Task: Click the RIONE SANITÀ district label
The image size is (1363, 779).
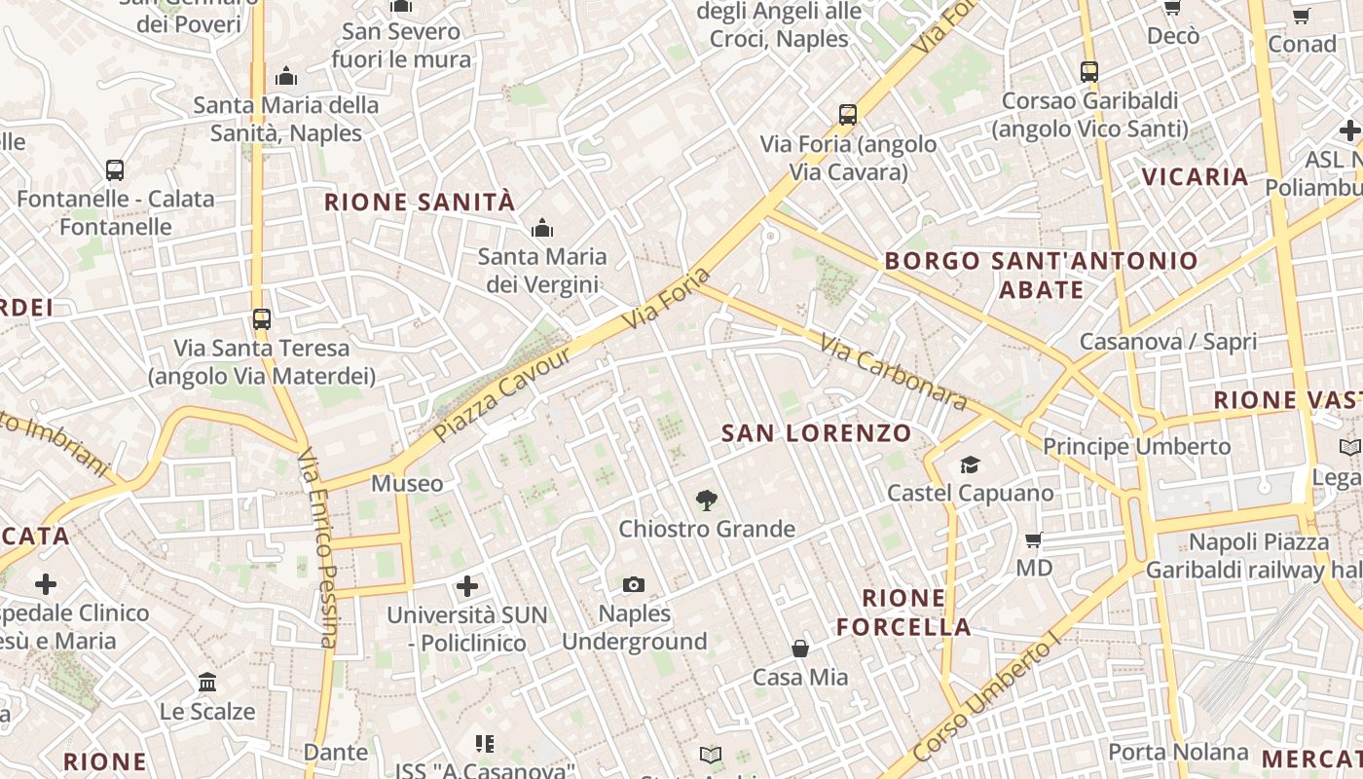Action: click(419, 203)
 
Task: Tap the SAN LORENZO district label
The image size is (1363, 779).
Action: click(816, 433)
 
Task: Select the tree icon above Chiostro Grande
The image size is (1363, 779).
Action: click(707, 501)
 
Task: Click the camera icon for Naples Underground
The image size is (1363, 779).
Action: click(634, 584)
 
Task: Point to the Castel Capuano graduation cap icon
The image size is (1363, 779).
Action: click(970, 464)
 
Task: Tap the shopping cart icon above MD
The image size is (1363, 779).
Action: click(1034, 538)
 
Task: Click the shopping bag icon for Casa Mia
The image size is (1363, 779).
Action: click(800, 649)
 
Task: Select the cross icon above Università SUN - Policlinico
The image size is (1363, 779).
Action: click(467, 586)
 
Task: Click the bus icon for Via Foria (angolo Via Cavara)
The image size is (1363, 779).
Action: click(848, 115)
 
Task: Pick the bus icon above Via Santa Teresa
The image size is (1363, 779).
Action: click(261, 318)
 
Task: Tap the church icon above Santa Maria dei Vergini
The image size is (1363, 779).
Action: click(542, 229)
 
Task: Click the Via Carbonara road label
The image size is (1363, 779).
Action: click(893, 372)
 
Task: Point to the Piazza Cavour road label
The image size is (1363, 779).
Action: click(502, 393)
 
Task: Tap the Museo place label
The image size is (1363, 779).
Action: click(407, 483)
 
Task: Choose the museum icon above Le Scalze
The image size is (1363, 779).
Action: click(207, 682)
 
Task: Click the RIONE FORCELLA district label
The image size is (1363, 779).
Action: click(903, 612)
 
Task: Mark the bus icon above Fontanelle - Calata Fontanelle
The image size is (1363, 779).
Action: click(115, 169)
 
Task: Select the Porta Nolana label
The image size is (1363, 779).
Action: click(1178, 752)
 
